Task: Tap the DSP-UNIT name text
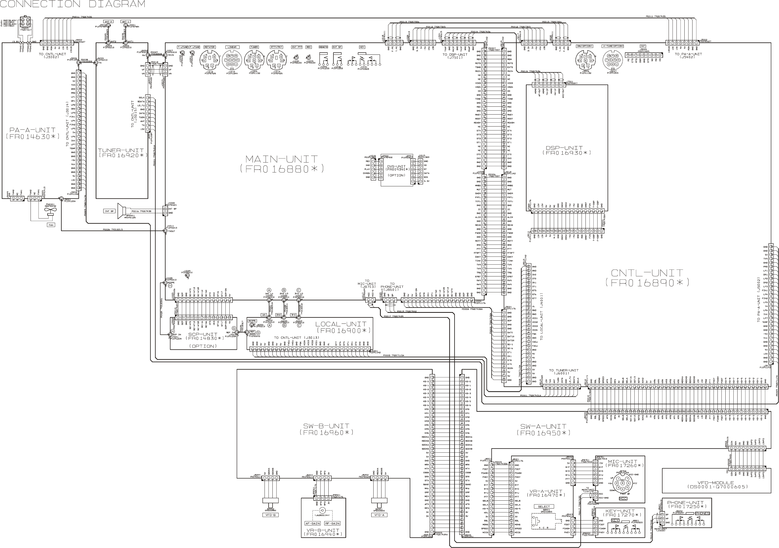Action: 566,148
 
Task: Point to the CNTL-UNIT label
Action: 647,273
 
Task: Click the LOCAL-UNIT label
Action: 341,324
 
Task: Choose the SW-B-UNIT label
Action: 326,426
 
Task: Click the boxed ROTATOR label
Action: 209,47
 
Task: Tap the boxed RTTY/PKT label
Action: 276,47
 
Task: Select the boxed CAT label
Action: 643,46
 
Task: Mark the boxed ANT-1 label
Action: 126,22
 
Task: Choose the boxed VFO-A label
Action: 379,515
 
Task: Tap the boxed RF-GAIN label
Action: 332,523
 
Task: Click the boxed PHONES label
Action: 702,513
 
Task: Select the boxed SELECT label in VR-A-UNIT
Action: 543,507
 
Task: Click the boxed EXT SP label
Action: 337,47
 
